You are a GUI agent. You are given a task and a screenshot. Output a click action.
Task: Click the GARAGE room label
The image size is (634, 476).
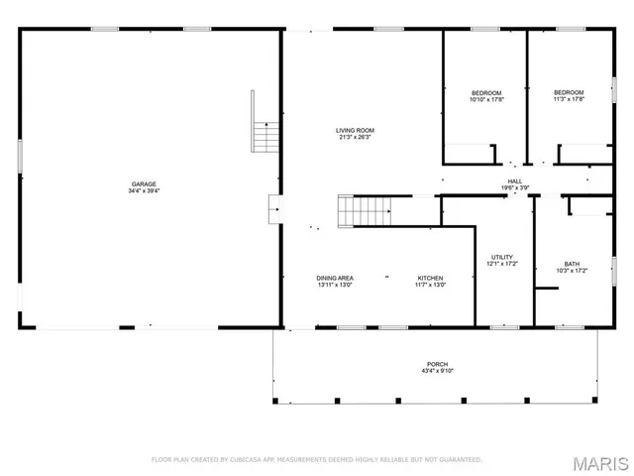coord(144,183)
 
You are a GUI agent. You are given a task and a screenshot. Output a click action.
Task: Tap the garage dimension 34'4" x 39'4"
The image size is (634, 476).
coord(144,191)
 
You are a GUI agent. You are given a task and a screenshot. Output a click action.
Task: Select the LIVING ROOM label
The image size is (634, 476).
coord(355,130)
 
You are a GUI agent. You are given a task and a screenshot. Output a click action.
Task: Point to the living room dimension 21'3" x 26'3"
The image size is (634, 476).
coord(355,138)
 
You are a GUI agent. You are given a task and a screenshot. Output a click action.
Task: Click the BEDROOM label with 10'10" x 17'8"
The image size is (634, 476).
coord(485,92)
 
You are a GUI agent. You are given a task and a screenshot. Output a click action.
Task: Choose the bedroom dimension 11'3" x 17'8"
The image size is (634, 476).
coord(569,100)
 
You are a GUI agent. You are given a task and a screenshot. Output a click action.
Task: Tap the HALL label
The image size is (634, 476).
coord(515,180)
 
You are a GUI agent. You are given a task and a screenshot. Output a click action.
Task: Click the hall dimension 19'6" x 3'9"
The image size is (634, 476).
coord(515,188)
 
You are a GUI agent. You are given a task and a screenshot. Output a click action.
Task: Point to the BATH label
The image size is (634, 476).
coord(573,263)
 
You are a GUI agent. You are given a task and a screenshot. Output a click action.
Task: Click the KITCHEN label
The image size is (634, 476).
coord(430,278)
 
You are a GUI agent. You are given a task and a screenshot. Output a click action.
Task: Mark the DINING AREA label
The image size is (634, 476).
coord(335,278)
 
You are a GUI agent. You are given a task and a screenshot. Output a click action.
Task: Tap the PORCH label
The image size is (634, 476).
coord(437,364)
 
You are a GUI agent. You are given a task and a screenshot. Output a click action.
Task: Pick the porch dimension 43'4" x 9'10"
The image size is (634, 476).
coord(437,372)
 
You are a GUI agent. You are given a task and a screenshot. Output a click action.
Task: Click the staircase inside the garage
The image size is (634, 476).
coord(263,135)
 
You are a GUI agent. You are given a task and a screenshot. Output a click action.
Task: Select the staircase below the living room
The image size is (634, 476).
coord(367,210)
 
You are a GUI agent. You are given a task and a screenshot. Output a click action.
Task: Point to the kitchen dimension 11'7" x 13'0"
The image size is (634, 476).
coord(430,286)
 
